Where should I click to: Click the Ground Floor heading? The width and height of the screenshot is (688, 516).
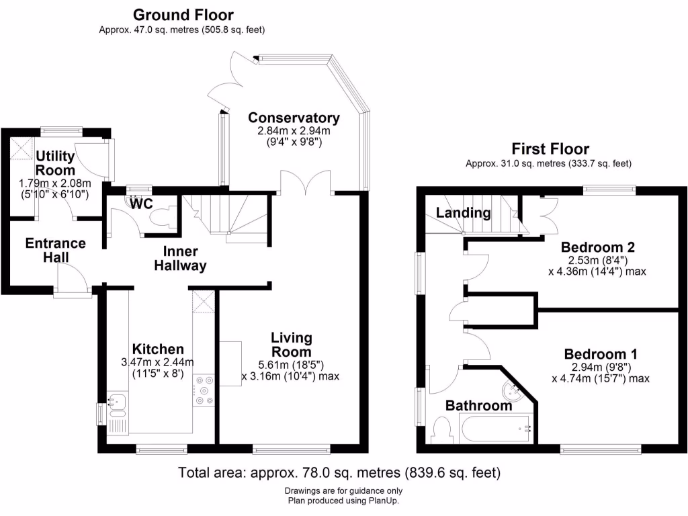(x=183, y=15)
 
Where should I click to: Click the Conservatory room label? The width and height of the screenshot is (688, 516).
(x=294, y=118)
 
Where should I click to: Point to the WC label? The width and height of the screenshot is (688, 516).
(x=141, y=202)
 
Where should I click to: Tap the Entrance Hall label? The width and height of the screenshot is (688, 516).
(x=56, y=250)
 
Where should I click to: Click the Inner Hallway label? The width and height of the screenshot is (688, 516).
(x=180, y=258)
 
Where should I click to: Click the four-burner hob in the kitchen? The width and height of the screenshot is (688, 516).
(x=204, y=391)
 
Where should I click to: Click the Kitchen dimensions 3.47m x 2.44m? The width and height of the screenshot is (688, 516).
(x=157, y=363)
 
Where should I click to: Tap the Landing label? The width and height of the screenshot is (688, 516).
(x=463, y=213)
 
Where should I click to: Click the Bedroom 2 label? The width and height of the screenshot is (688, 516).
(x=597, y=247)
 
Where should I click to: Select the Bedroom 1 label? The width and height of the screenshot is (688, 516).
(x=601, y=354)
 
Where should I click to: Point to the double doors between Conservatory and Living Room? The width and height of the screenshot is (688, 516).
(x=305, y=182)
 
